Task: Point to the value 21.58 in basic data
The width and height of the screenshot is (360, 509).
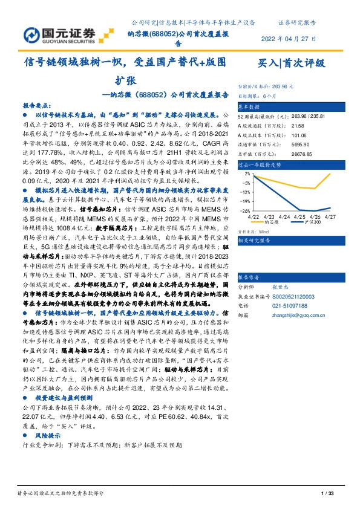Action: tap(282, 125)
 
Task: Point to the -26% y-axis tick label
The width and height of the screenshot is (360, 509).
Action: tap(246, 211)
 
